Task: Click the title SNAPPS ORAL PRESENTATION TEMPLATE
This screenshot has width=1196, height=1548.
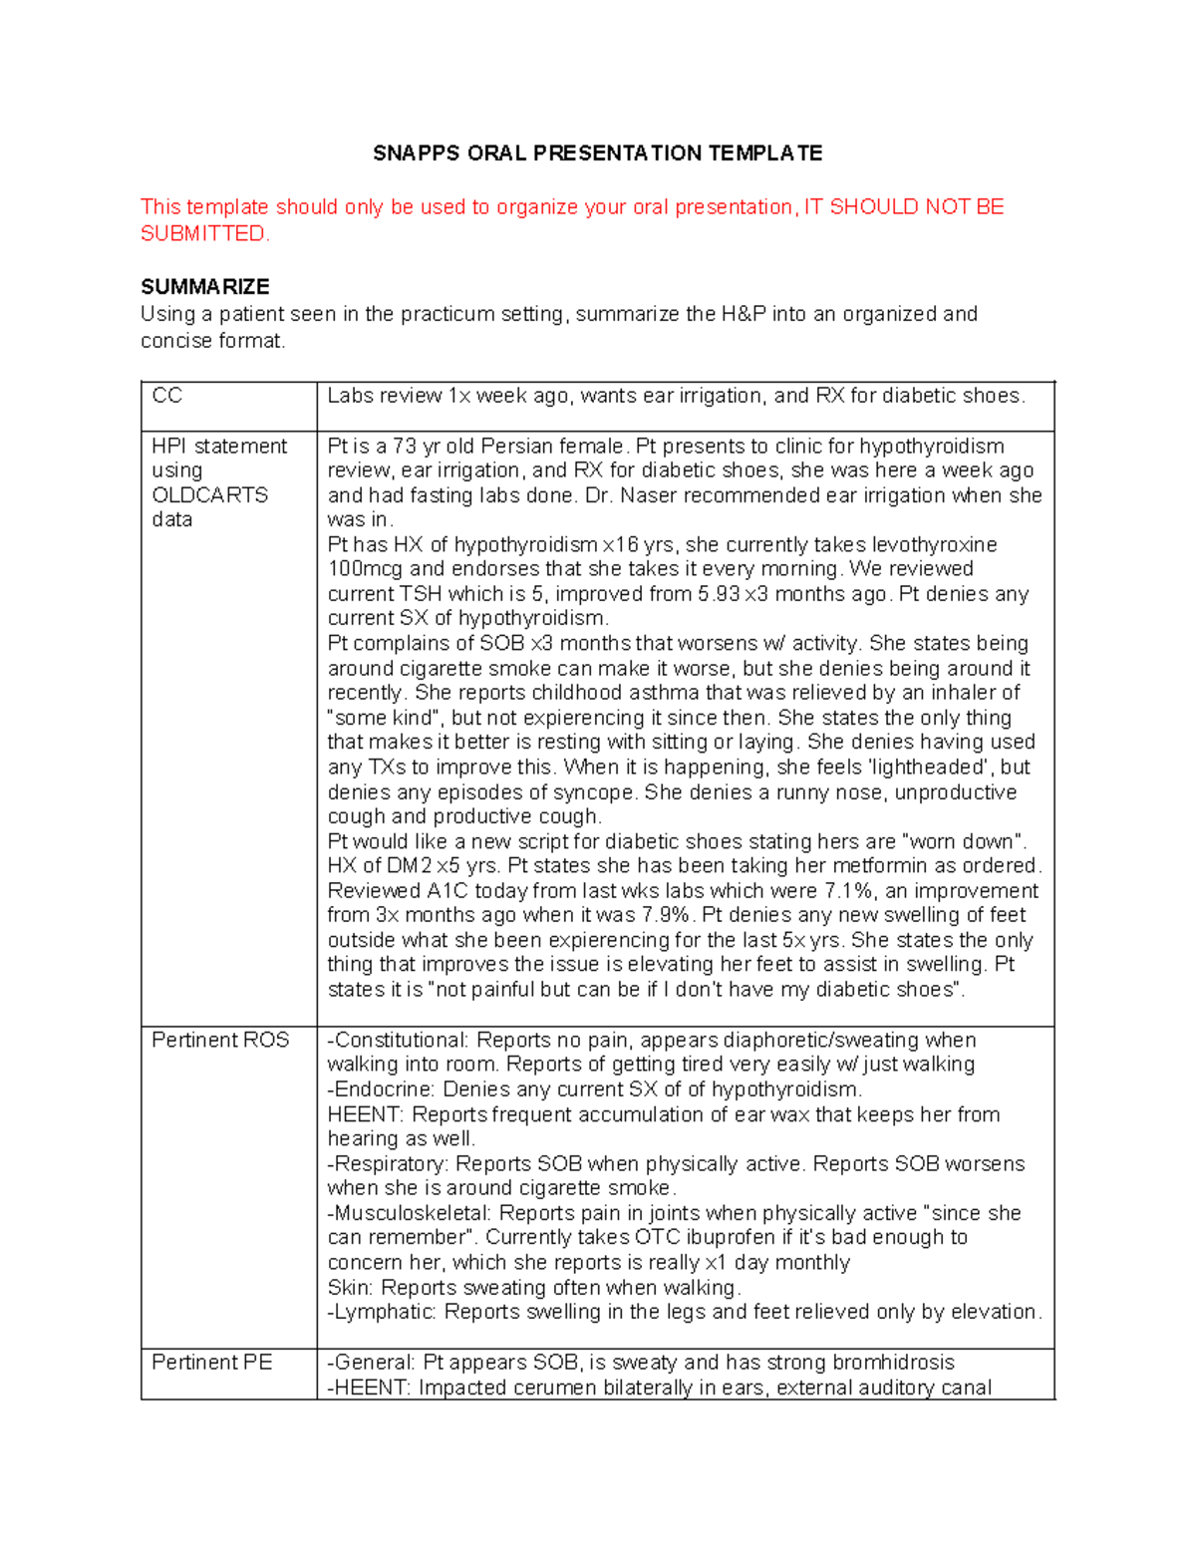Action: tap(597, 154)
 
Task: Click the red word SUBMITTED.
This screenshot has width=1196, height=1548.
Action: tap(203, 234)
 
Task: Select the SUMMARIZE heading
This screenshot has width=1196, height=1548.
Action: tap(204, 287)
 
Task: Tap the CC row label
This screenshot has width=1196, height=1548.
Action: tap(166, 396)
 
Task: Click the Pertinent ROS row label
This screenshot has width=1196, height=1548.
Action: tap(220, 1040)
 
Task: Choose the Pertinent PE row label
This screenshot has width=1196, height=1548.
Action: tap(211, 1363)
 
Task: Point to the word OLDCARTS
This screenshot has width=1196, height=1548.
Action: tap(209, 495)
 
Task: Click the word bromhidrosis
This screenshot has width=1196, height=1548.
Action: tap(893, 1363)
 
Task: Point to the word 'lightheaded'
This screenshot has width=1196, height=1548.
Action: tap(926, 768)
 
